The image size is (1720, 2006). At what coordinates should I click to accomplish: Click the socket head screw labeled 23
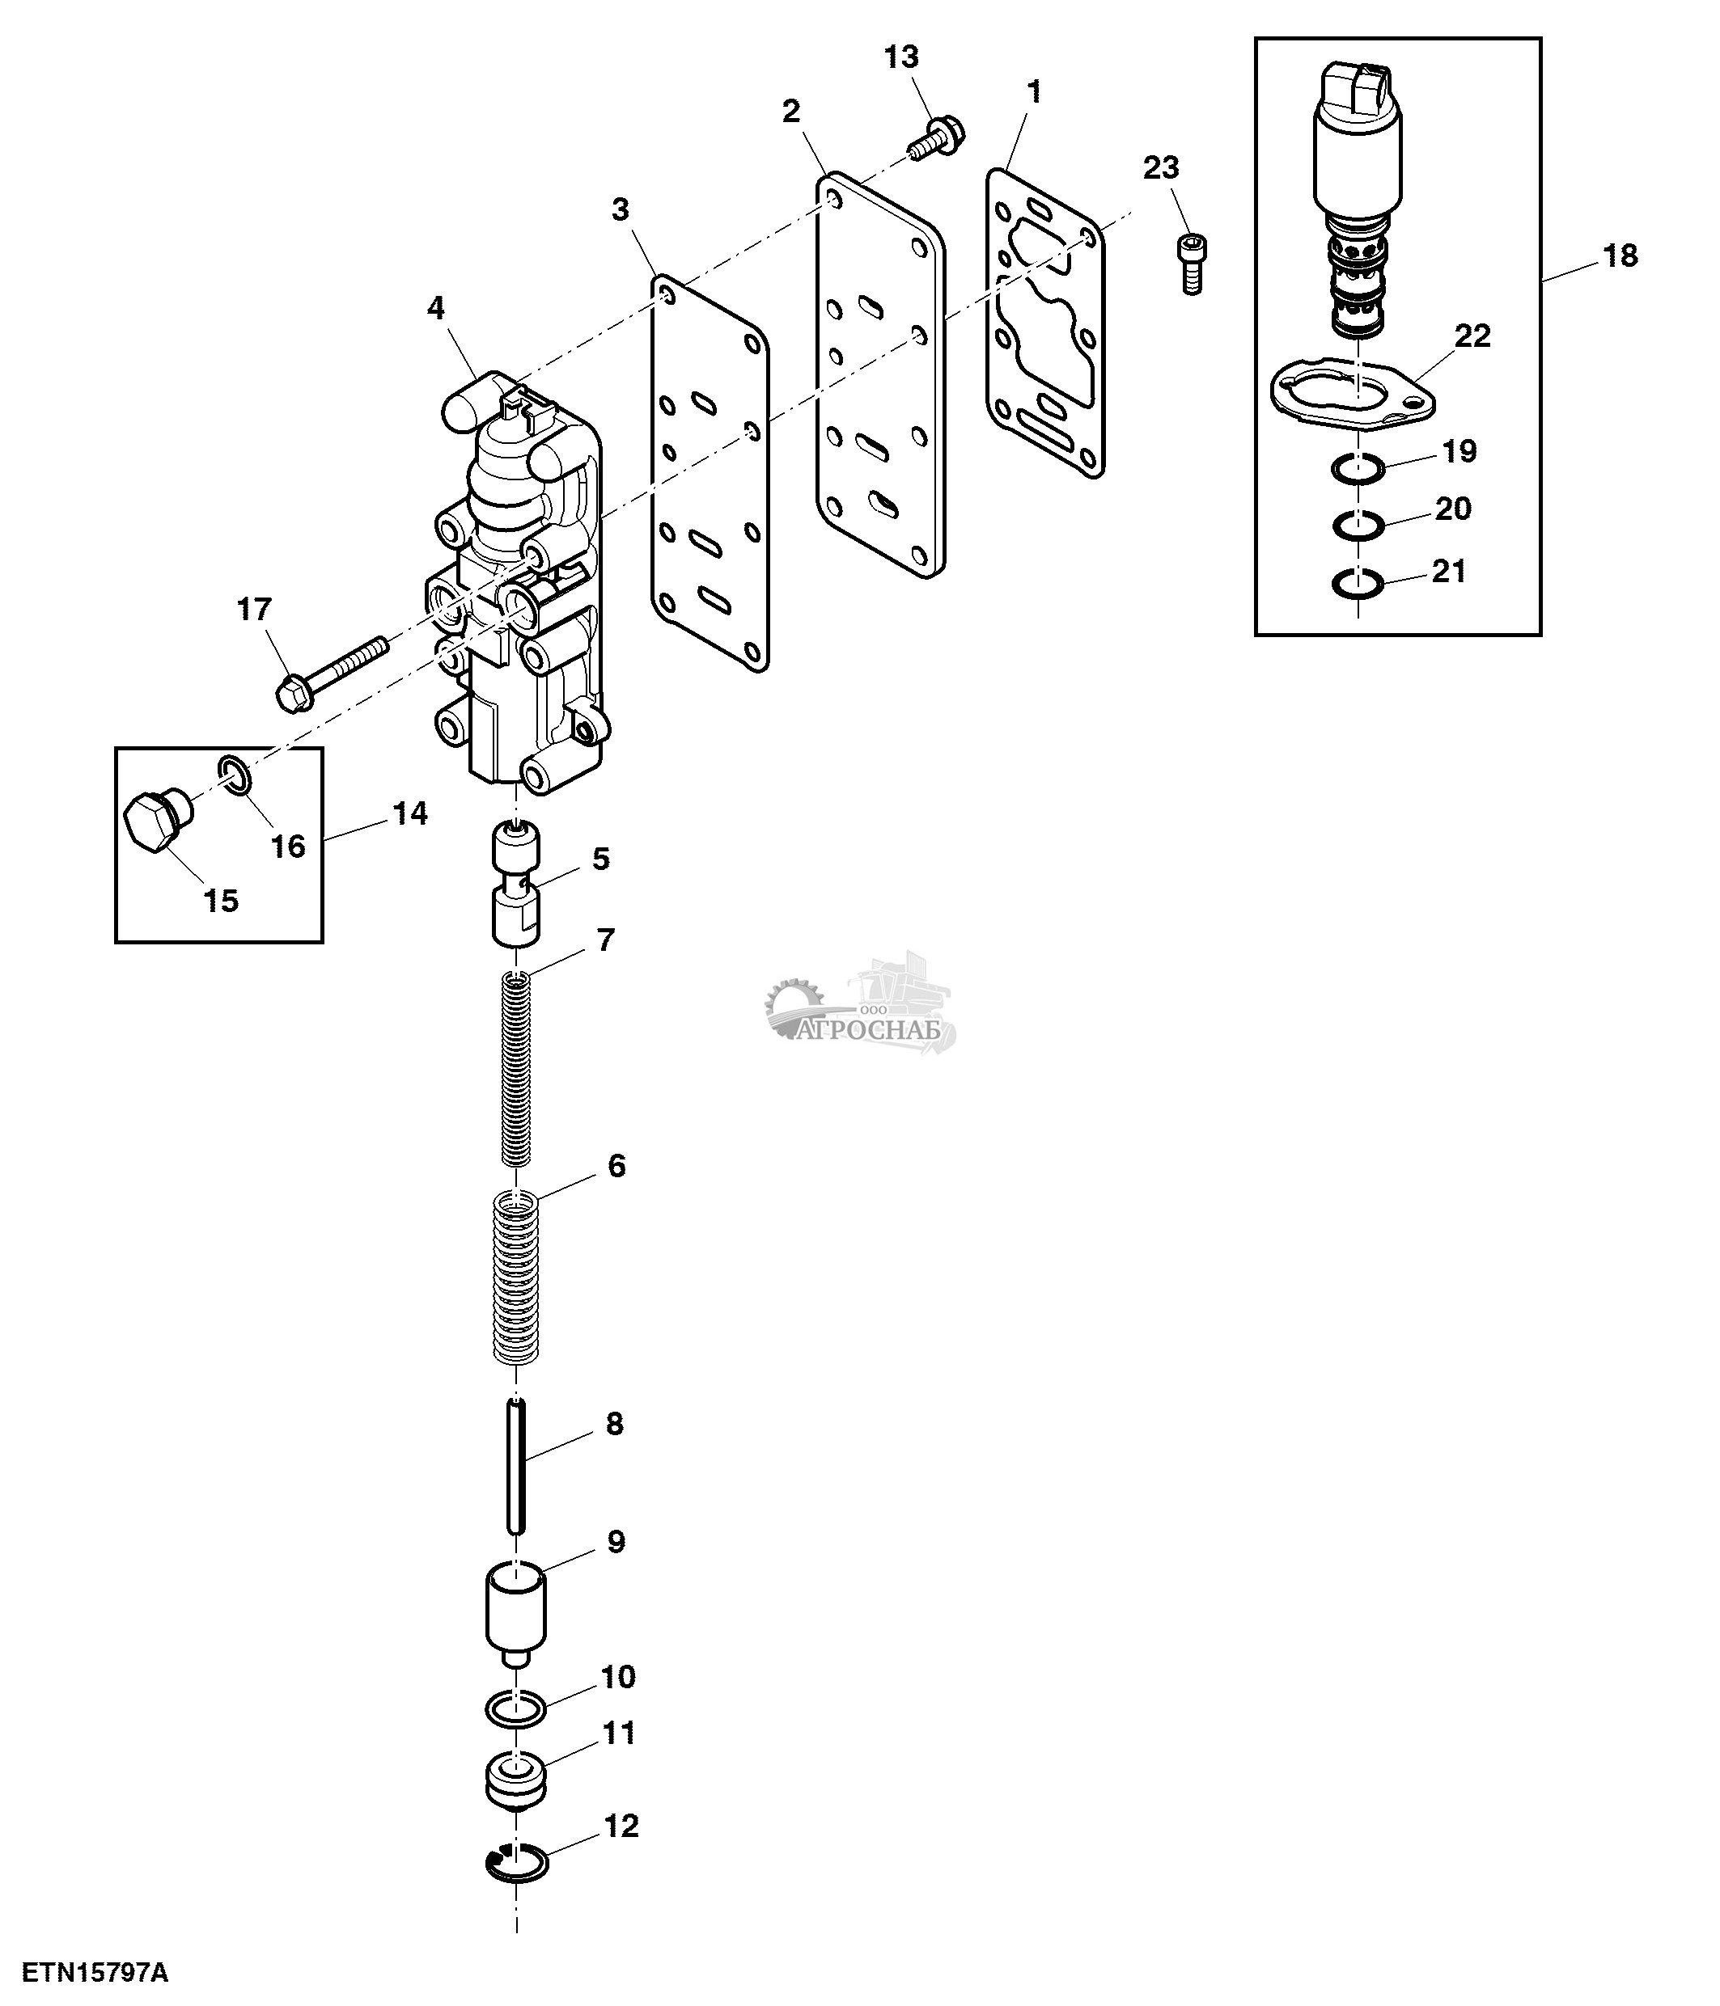coord(1190,261)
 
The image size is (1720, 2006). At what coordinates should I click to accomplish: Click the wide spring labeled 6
coord(516,1279)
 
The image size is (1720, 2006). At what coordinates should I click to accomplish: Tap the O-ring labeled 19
coord(1357,469)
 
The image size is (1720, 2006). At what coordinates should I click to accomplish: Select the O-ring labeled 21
coord(1356,585)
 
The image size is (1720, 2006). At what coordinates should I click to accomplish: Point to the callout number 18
coord(1620,256)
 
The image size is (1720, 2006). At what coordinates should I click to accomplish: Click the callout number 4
coord(436,309)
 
